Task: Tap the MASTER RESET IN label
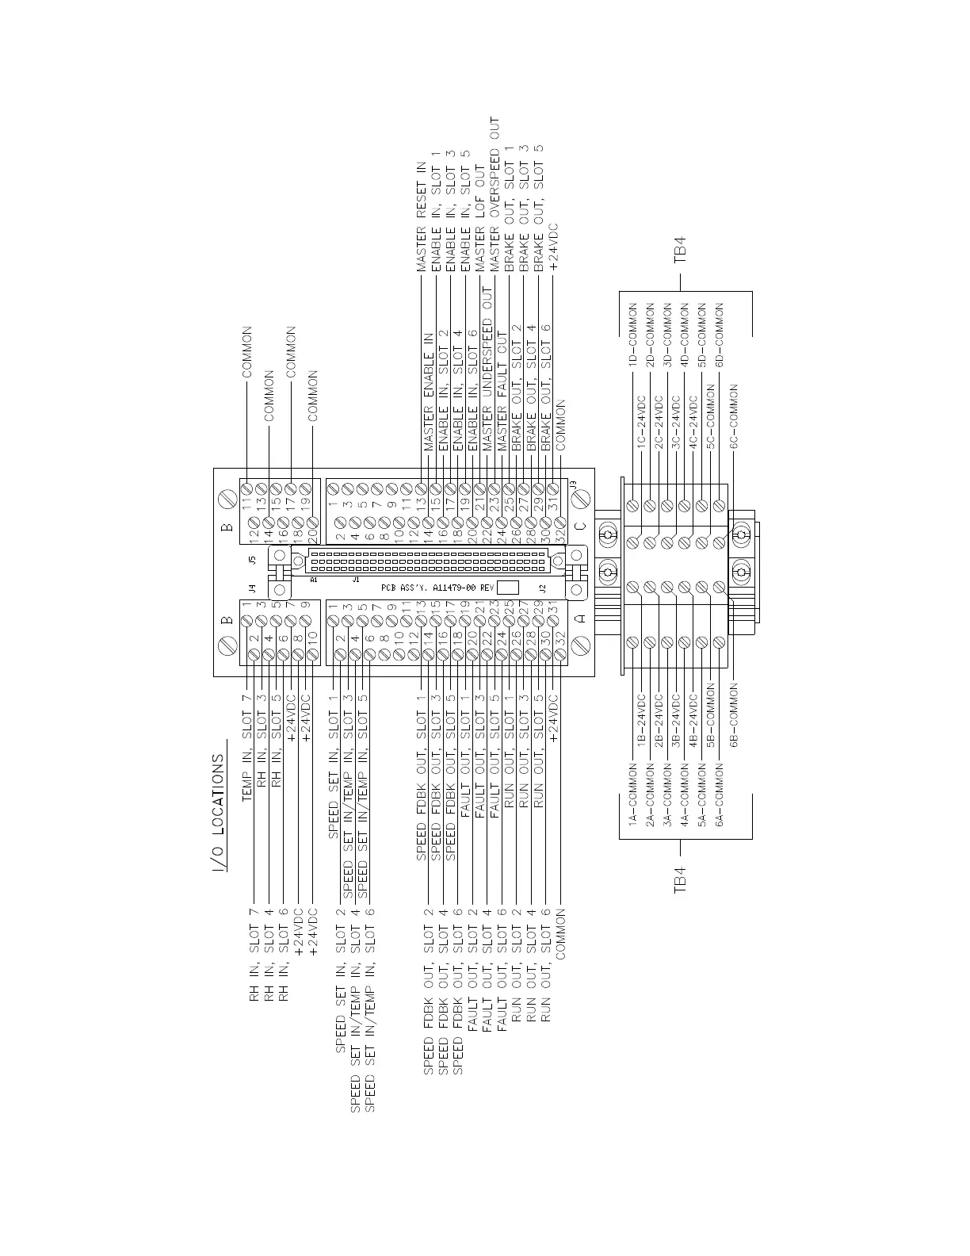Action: (422, 217)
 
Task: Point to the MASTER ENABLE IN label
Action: (428, 392)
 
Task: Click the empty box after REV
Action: (507, 588)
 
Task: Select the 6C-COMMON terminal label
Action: (734, 417)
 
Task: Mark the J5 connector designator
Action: (252, 560)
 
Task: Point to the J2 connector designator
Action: (543, 588)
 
